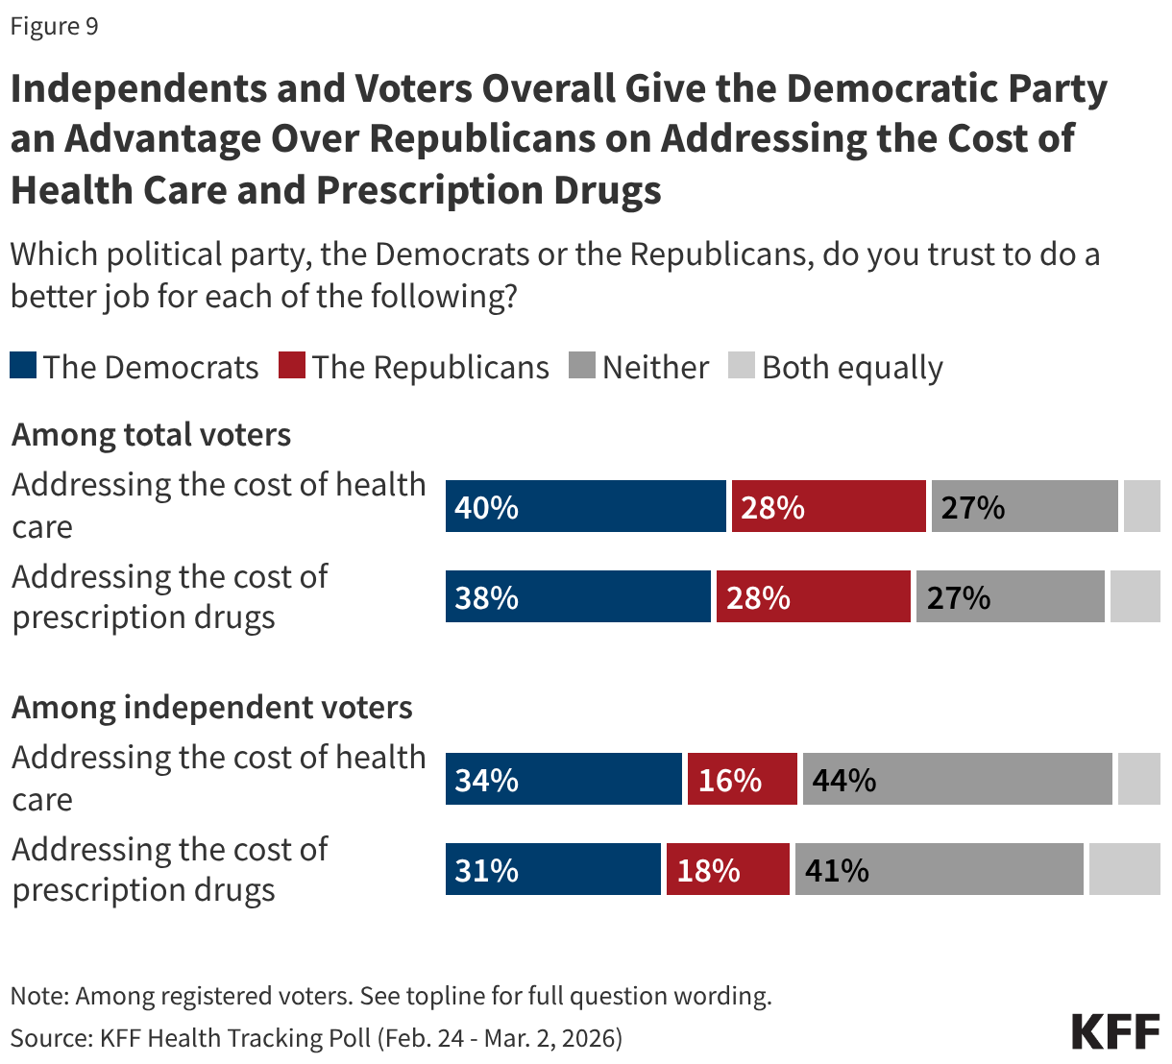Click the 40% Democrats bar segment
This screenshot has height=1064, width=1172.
tap(585, 506)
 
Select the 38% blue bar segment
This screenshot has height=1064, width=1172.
tap(577, 596)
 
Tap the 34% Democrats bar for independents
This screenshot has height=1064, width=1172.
tap(563, 779)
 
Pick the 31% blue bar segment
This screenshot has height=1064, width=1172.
tap(552, 869)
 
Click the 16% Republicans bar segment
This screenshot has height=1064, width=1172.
tap(742, 779)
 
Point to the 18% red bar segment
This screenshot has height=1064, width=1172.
tap(727, 869)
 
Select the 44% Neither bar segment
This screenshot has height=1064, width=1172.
tap(957, 779)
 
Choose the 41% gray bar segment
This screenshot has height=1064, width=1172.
tap(939, 869)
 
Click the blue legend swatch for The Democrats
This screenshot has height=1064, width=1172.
tap(23, 366)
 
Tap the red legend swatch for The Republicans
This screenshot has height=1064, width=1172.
tap(292, 366)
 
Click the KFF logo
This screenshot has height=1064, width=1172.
tap(1115, 1030)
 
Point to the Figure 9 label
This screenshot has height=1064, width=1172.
tap(54, 26)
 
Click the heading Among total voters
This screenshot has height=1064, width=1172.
tap(151, 435)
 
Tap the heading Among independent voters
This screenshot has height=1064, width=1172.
tap(211, 708)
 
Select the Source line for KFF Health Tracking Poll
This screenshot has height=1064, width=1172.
tap(316, 1038)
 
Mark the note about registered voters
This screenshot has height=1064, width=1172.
tap(390, 996)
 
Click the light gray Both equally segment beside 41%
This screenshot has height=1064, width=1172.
tap(1124, 869)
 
